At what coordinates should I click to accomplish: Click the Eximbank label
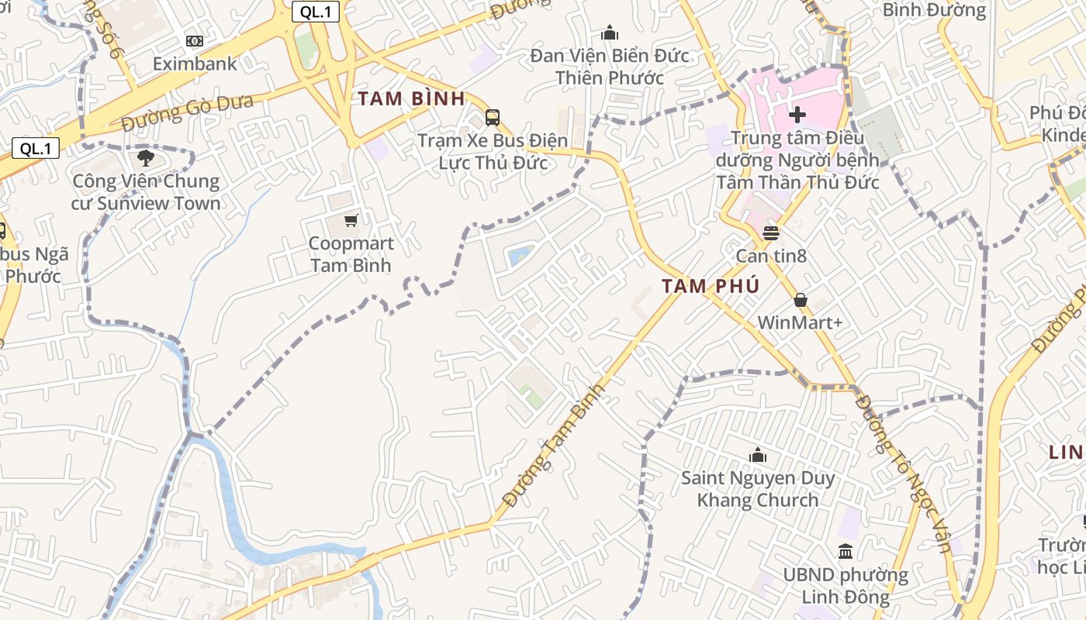pos(195,64)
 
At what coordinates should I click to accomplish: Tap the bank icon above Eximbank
pos(195,40)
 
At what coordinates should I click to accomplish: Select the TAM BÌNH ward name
pos(411,98)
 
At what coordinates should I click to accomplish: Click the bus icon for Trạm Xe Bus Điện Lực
pos(493,118)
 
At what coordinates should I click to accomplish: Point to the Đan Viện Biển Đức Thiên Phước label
pos(610,67)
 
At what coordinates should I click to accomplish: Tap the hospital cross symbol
pos(797,115)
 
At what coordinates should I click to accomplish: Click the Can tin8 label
pos(771,255)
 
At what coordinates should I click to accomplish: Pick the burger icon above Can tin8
pos(771,232)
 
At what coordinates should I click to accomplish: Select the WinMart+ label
pos(800,322)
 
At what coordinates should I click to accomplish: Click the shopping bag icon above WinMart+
pos(801,300)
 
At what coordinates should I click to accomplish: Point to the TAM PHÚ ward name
pos(710,286)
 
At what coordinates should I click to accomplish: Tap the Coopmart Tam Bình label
pos(351,254)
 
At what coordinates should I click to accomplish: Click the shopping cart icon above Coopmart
pos(351,221)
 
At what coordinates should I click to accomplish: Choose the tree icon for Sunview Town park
pos(145,159)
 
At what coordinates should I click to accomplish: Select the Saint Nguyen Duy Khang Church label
pos(758,489)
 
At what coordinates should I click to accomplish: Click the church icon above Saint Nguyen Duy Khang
pos(758,455)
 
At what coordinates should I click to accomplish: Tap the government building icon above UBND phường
pos(846,552)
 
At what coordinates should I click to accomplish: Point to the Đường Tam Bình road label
pos(552,447)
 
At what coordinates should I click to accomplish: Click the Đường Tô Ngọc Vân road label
pos(904,474)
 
